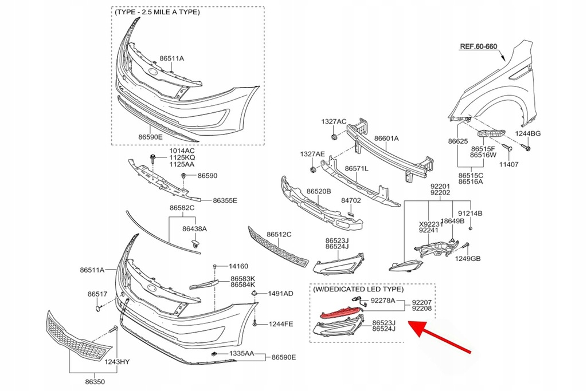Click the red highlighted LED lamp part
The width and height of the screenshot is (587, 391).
pos(340,311)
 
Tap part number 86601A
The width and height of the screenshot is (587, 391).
pos(386,139)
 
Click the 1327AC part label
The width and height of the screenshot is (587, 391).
pos(334,121)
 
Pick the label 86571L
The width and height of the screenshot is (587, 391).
pos(357,169)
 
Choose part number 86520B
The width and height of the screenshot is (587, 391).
pos(319,191)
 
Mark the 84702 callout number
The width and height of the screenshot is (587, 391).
pos(351,201)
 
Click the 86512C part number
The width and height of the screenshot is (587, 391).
pos(279,234)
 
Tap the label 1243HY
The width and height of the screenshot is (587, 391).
pos(117,361)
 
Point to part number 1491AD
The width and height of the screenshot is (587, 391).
pos(280,294)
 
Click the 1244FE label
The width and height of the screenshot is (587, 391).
pos(281,324)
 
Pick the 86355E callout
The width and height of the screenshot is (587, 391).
pos(225,200)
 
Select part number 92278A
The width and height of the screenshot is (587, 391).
pos(382,300)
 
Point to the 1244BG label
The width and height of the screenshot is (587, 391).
pos(527,133)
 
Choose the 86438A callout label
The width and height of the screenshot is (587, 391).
pos(194,228)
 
